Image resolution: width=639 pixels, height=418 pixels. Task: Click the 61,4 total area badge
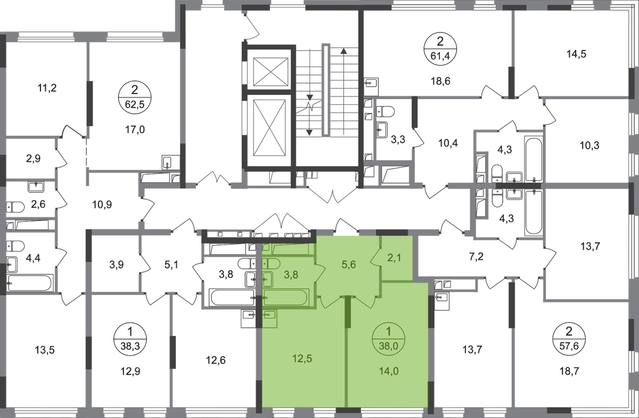tap(440, 50)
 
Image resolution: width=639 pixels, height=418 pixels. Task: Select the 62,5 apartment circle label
tap(135, 97)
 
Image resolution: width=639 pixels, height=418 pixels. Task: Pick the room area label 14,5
tap(576, 54)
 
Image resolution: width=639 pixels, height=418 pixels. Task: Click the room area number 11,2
tap(47, 88)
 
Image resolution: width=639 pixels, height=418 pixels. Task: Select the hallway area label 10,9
tap(102, 204)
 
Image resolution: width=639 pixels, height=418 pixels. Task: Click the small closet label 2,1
tap(395, 258)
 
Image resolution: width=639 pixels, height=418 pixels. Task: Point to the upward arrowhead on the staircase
tap(344, 51)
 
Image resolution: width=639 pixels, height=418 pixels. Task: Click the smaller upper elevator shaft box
tap(271, 71)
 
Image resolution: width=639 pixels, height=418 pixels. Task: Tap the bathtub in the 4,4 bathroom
tap(30, 283)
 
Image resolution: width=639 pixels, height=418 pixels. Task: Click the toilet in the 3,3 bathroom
tap(386, 111)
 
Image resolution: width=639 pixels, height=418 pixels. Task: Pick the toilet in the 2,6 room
tap(15, 207)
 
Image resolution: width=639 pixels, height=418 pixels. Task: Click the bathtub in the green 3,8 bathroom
tap(285, 298)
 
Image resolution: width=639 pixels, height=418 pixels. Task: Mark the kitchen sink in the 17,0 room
tap(167, 162)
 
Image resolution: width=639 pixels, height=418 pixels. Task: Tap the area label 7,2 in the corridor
tap(477, 257)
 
